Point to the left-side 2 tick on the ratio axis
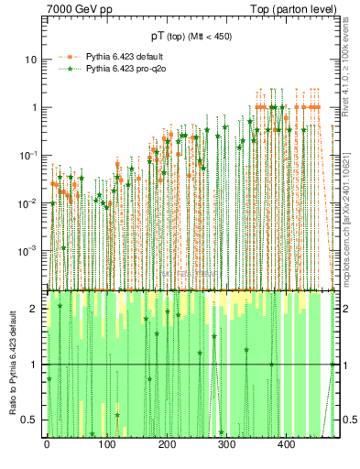[x=35, y=309]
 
